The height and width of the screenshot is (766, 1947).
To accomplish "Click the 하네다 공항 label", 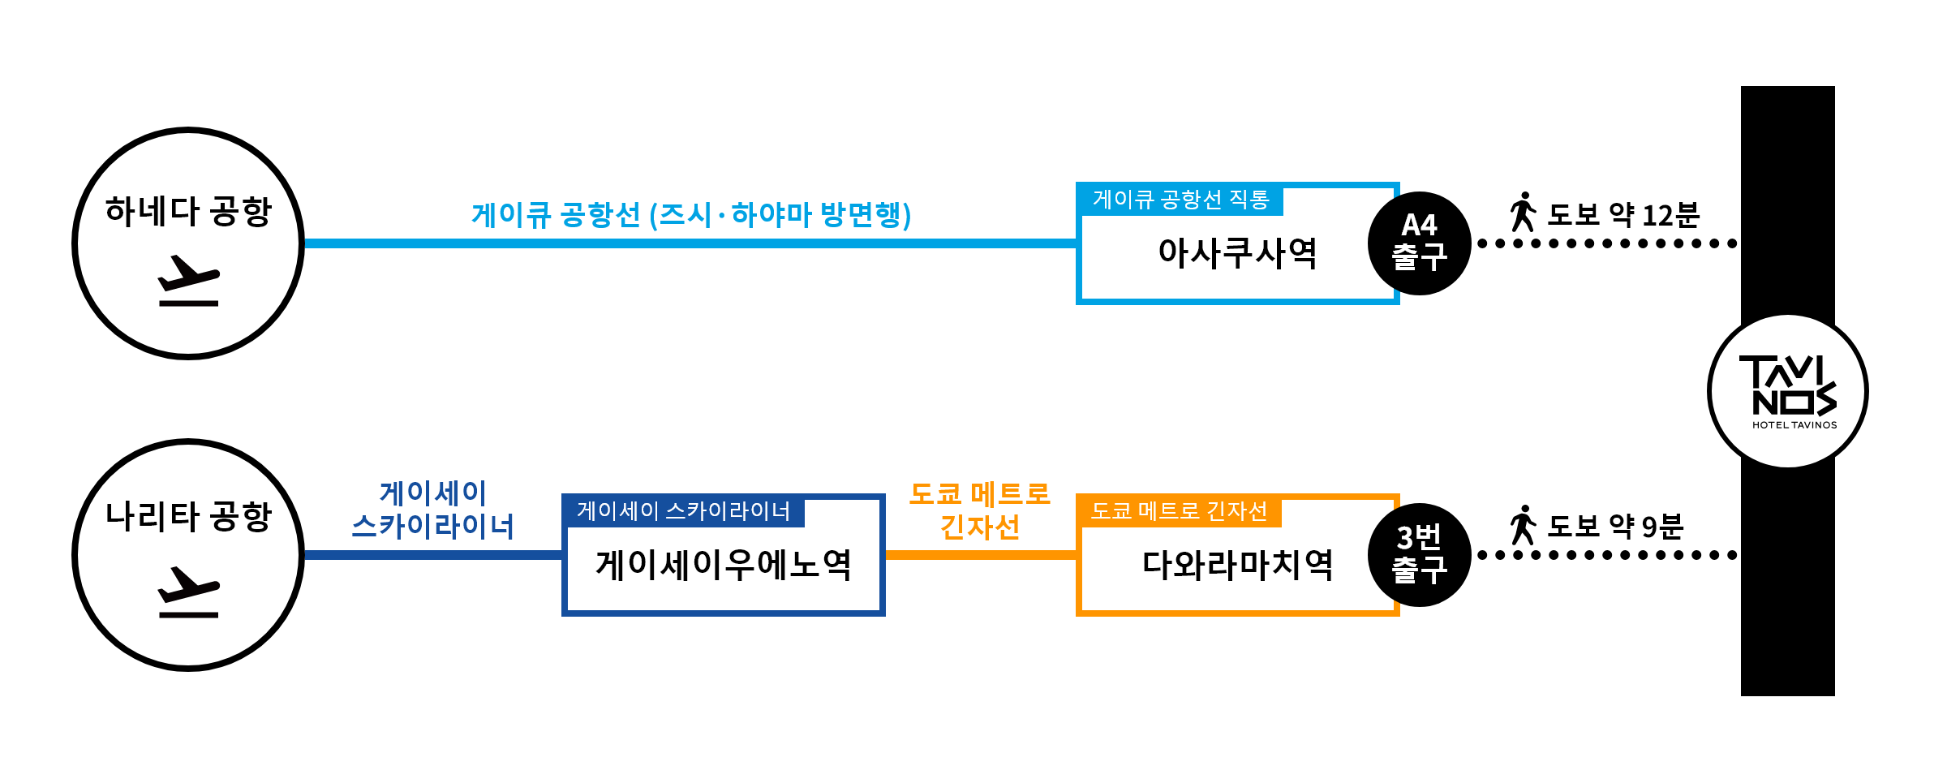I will point(188,212).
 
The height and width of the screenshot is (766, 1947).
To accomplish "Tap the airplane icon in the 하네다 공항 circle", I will point(188,281).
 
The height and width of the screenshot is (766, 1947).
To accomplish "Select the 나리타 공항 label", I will point(188,517).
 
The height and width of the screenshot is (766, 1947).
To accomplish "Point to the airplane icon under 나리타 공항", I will point(188,592).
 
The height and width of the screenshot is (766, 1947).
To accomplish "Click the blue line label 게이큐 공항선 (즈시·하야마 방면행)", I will point(691,215).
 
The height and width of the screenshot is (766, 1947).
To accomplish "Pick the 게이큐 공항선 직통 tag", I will point(1180,200).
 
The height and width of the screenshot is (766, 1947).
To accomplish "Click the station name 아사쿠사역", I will point(1237,253).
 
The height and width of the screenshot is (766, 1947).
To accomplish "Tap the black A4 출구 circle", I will point(1419,243).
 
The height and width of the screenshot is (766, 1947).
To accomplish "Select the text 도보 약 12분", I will point(1623,215).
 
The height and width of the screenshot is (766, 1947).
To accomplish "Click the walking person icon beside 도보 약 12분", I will point(1523,213).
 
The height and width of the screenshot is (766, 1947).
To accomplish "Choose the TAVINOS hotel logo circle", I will point(1787,391).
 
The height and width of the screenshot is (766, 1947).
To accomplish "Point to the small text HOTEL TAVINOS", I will point(1794,424).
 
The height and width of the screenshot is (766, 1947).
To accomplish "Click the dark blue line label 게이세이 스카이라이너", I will point(433,510).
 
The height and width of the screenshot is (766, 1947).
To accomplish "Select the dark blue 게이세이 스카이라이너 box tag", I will point(684,511).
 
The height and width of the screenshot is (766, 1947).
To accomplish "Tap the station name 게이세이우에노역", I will point(723,565).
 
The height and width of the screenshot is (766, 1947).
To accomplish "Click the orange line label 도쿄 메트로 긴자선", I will point(980,510).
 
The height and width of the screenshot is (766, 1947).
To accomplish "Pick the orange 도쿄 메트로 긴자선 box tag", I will point(1179,511).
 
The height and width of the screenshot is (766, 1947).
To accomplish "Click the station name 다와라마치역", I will point(1237,565).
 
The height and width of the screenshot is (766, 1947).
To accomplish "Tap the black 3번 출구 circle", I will point(1419,554).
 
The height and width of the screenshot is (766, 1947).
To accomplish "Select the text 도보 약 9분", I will point(1615,527).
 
